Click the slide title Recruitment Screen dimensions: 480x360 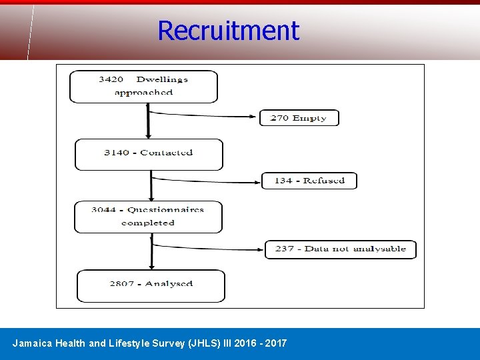click(228, 31)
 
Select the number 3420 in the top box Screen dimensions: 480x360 click(111, 79)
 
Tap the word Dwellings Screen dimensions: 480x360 click(162, 79)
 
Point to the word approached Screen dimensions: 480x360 click(143, 93)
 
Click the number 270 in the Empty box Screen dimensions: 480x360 click(279, 118)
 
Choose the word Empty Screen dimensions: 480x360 click(309, 118)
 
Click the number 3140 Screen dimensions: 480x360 click(117, 153)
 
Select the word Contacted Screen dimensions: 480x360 click(167, 153)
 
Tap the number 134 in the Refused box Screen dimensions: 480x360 click(283, 181)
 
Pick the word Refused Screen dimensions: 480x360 click(324, 181)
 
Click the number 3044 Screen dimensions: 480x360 click(104, 209)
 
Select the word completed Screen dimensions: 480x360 click(148, 223)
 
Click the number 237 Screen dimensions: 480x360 click(284, 249)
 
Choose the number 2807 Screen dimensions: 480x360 click(123, 283)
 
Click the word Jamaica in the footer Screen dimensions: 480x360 click(31, 343)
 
